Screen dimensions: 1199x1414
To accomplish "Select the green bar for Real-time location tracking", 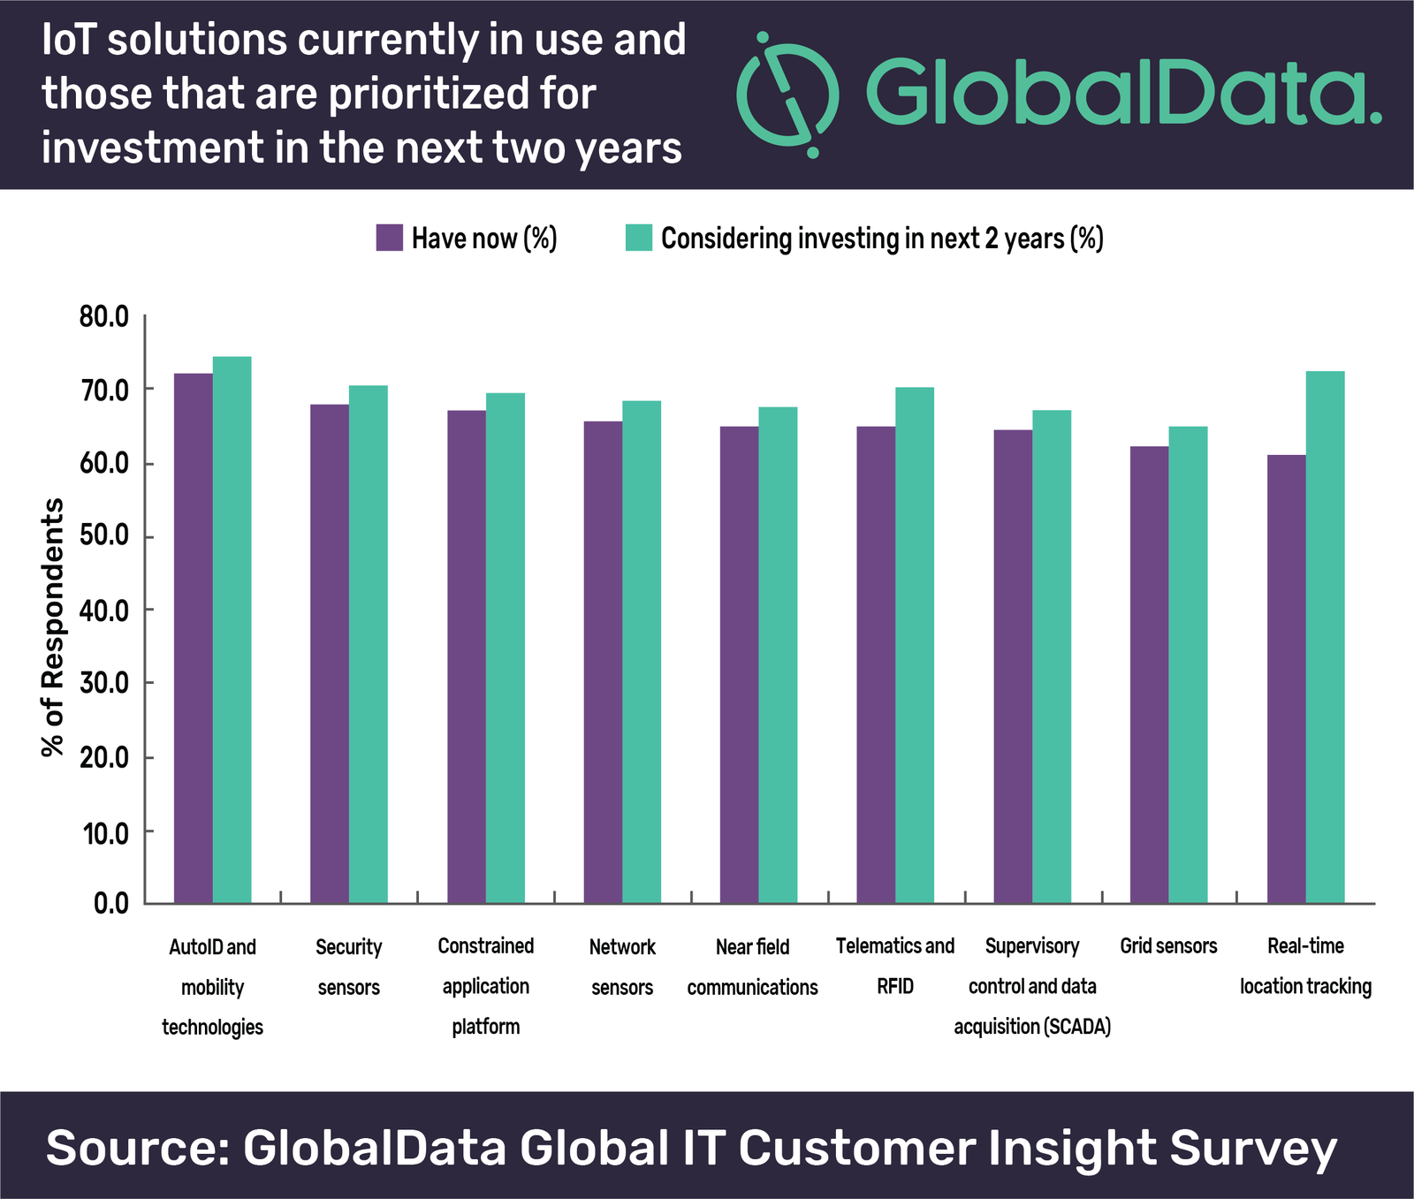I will tap(1325, 636).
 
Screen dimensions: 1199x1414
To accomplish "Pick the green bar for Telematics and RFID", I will tap(915, 645).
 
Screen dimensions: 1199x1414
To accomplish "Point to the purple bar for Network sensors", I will tap(603, 662).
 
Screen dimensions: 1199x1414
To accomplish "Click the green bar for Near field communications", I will tap(778, 655).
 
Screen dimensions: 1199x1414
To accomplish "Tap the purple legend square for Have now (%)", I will tap(390, 238).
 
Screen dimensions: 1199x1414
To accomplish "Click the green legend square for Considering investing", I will tap(638, 238).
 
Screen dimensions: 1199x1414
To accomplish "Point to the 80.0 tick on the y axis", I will tap(104, 317).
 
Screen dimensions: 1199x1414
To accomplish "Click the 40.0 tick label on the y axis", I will tap(104, 611).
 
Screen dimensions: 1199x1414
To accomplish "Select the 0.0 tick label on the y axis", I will tap(111, 903).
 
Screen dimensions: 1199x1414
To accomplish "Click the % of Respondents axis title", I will tap(53, 627).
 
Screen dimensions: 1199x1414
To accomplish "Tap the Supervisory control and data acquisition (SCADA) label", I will tap(1031, 986).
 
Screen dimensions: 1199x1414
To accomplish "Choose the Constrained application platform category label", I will tap(485, 986).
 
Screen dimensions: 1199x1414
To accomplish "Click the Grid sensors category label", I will tap(1168, 946).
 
